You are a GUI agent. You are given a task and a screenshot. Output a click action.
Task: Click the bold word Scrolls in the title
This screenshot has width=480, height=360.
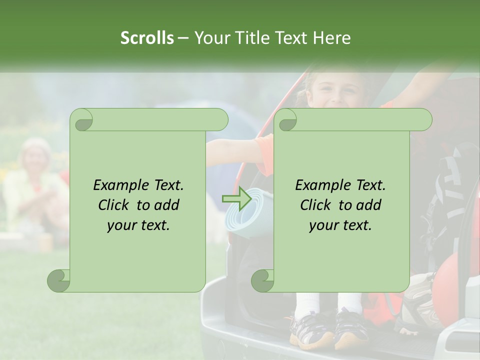(147, 38)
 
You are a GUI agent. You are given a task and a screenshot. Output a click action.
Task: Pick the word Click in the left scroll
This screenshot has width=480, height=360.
(115, 205)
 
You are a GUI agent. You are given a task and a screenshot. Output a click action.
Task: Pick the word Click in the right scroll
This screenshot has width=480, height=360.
(317, 205)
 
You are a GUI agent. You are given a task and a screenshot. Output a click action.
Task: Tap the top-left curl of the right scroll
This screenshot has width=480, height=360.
(287, 119)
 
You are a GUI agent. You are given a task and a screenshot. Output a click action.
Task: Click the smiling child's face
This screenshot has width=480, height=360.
(326, 90)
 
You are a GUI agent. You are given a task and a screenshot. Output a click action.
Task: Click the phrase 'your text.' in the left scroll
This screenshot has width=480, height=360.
(138, 225)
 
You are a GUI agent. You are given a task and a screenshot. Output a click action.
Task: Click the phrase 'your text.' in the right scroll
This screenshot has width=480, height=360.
(340, 225)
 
